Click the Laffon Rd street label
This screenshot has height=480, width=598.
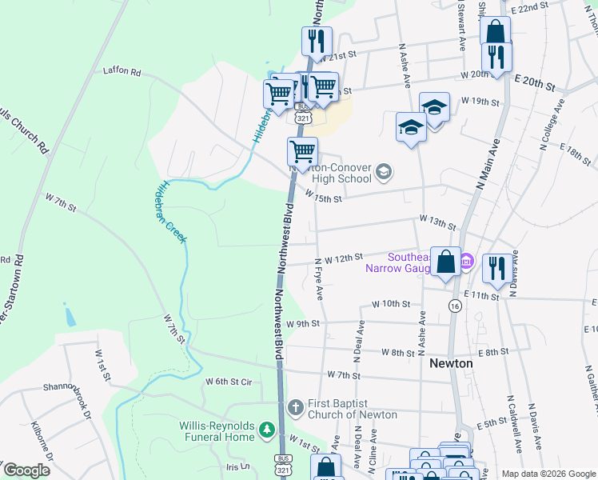tap(122, 72)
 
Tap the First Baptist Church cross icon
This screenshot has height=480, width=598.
tap(294, 406)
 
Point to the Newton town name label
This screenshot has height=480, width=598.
tap(451, 362)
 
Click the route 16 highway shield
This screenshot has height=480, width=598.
tap(455, 306)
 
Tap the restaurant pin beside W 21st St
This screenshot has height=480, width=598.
tap(317, 41)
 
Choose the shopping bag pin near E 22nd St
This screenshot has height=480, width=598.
tap(495, 31)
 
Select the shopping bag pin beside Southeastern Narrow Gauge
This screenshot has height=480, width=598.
tap(445, 261)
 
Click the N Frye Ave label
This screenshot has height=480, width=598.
tap(319, 278)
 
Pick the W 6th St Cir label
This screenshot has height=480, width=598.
tap(228, 382)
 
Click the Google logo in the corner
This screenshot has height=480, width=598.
tap(26, 470)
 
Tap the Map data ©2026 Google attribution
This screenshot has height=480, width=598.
tap(548, 474)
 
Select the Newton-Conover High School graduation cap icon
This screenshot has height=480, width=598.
tap(384, 170)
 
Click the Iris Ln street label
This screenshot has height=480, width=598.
tap(237, 466)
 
